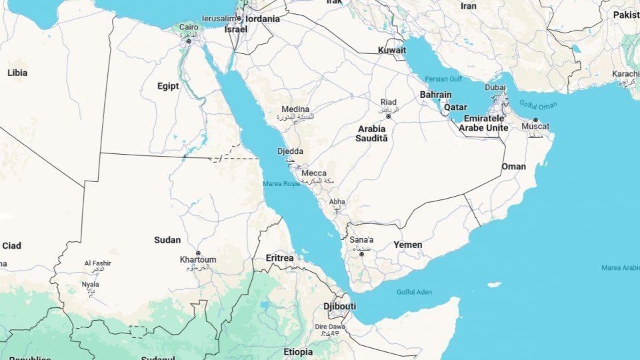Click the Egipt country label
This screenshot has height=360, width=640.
click(x=167, y=86)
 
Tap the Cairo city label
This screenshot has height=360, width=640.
click(x=188, y=27)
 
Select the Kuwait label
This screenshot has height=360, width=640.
click(x=391, y=50)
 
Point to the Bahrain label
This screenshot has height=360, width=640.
click(x=435, y=95)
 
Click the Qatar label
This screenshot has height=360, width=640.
click(x=455, y=107)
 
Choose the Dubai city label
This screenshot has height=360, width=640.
click(x=495, y=87)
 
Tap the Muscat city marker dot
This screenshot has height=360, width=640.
click(x=535, y=119)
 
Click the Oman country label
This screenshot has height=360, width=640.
click(x=513, y=166)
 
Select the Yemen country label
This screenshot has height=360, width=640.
click(x=407, y=245)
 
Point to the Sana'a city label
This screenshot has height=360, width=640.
click(x=362, y=240)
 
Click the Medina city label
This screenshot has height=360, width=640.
click(x=295, y=109)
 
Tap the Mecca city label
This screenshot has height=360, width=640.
click(x=314, y=173)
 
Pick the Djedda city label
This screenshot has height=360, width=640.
click(x=290, y=151)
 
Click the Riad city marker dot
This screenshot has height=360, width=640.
click(x=388, y=117)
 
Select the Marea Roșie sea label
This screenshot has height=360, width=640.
click(x=282, y=183)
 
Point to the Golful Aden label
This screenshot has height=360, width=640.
click(x=414, y=292)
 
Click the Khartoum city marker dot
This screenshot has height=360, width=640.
click(x=198, y=253)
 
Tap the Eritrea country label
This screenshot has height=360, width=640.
click(x=279, y=257)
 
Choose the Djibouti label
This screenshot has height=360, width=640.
click(x=339, y=306)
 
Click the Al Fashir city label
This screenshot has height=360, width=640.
click(x=97, y=263)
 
